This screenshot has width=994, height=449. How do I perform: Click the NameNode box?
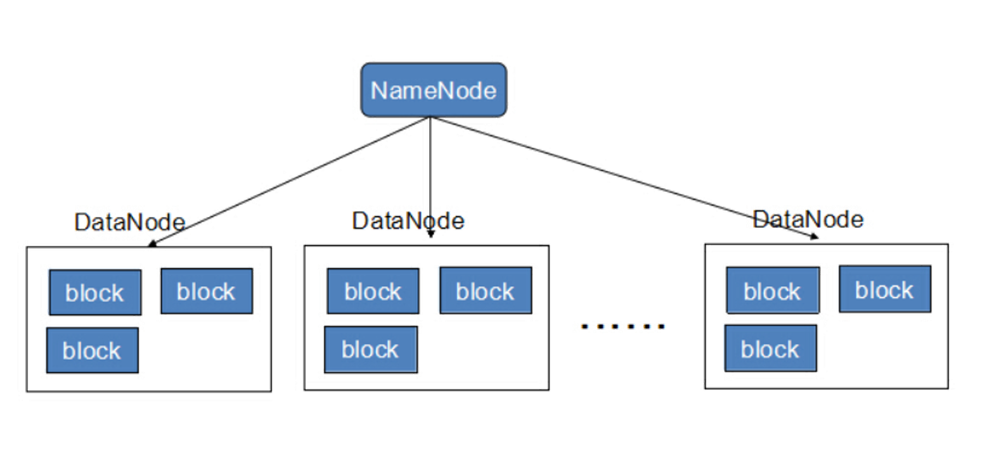click(x=434, y=90)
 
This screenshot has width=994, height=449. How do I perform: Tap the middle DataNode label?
click(x=408, y=221)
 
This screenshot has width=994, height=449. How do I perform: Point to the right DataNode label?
click(x=808, y=219)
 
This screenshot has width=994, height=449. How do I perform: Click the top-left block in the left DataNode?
click(x=94, y=292)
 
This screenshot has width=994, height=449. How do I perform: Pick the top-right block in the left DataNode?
click(x=206, y=291)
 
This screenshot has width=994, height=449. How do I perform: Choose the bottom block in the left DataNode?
click(x=92, y=350)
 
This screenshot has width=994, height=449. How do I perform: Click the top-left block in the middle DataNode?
click(x=373, y=291)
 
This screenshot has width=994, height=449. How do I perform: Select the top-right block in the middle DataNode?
click(x=485, y=291)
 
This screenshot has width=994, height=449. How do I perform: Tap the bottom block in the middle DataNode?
click(x=370, y=348)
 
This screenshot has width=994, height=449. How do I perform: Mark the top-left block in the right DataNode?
click(x=772, y=291)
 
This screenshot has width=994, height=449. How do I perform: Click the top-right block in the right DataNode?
click(x=884, y=289)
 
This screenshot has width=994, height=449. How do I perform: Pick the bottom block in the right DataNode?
click(x=770, y=348)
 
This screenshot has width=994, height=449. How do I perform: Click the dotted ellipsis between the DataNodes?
click(x=620, y=327)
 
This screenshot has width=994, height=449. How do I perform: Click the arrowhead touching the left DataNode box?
click(x=152, y=243)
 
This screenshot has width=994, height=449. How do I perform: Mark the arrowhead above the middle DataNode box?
click(x=430, y=234)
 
